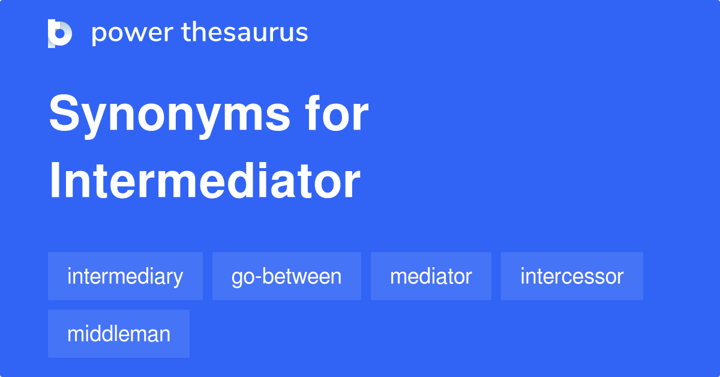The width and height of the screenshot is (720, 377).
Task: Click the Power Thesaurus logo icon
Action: click(60, 33)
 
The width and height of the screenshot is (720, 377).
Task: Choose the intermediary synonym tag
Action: click(125, 276)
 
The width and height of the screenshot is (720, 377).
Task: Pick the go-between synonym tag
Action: click(286, 276)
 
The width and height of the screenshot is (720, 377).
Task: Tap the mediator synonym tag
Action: click(431, 276)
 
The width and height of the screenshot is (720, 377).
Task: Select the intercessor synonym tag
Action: click(572, 276)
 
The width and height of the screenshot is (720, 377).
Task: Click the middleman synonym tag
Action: click(119, 334)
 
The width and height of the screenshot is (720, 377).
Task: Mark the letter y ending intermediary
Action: click(178, 279)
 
